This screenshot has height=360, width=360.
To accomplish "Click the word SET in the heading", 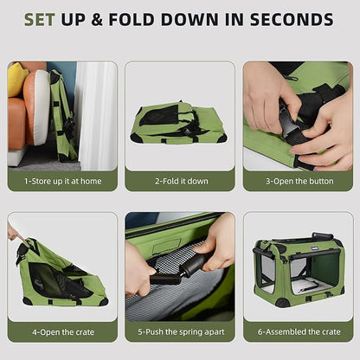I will pyautogui.click(x=42, y=19).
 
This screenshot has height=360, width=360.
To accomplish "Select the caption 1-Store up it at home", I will pyautogui.click(x=62, y=181).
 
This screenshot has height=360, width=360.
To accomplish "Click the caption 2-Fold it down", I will pyautogui.click(x=180, y=181).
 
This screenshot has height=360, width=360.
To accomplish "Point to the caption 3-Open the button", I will pyautogui.click(x=297, y=181).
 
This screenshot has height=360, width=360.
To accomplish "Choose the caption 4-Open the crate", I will pyautogui.click(x=62, y=331).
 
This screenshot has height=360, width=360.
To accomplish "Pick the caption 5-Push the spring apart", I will pyautogui.click(x=180, y=331).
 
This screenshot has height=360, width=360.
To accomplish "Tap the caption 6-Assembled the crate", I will pyautogui.click(x=297, y=331).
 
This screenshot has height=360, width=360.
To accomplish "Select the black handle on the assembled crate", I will pyautogui.click(x=323, y=236).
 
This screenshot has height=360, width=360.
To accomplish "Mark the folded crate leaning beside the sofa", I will pyautogui.click(x=62, y=117).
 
